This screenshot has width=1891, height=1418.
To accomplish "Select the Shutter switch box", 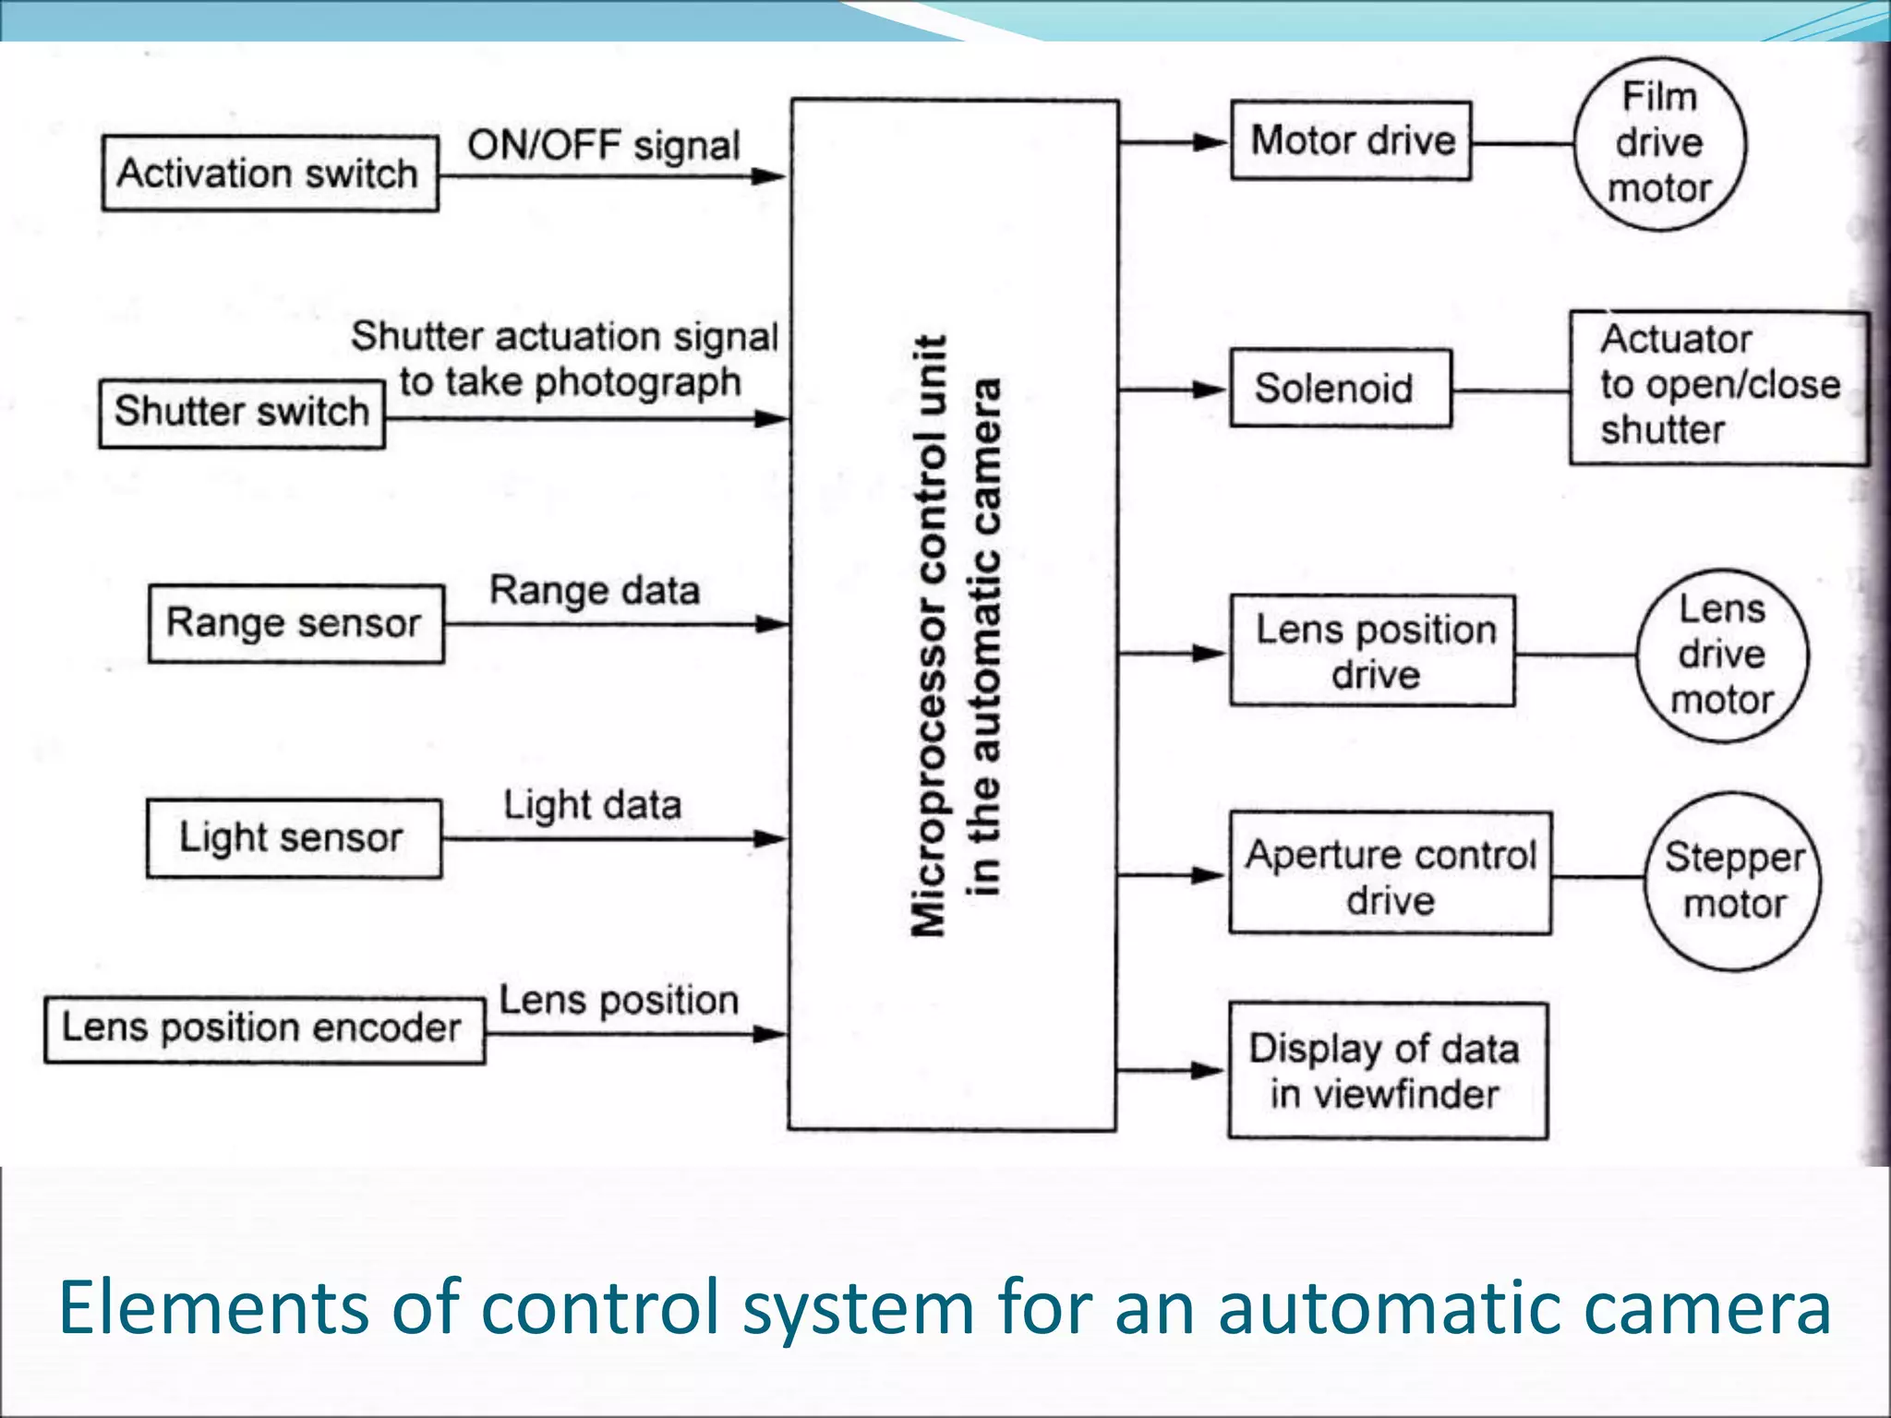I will (242, 413).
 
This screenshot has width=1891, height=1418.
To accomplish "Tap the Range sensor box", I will (295, 623).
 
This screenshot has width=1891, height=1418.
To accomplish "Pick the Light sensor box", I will (294, 837).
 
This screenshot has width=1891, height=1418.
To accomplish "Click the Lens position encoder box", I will (264, 1028).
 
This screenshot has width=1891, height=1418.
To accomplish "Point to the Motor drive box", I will (1350, 140).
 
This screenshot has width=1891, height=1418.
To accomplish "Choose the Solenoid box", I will (1339, 388).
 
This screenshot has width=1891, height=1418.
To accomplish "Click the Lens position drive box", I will (1372, 651).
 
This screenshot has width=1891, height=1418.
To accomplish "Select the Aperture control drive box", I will (1390, 874).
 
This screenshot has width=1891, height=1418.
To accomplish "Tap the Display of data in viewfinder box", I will (1387, 1071).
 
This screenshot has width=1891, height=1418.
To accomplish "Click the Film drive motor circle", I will (1659, 143).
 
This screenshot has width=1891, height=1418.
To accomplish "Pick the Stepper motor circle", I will (1732, 881).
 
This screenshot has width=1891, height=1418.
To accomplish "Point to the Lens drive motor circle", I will (1721, 655).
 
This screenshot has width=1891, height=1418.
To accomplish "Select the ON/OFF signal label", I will (603, 146).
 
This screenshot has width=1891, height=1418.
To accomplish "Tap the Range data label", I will (594, 590).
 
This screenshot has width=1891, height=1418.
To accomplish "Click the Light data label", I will (592, 805).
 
